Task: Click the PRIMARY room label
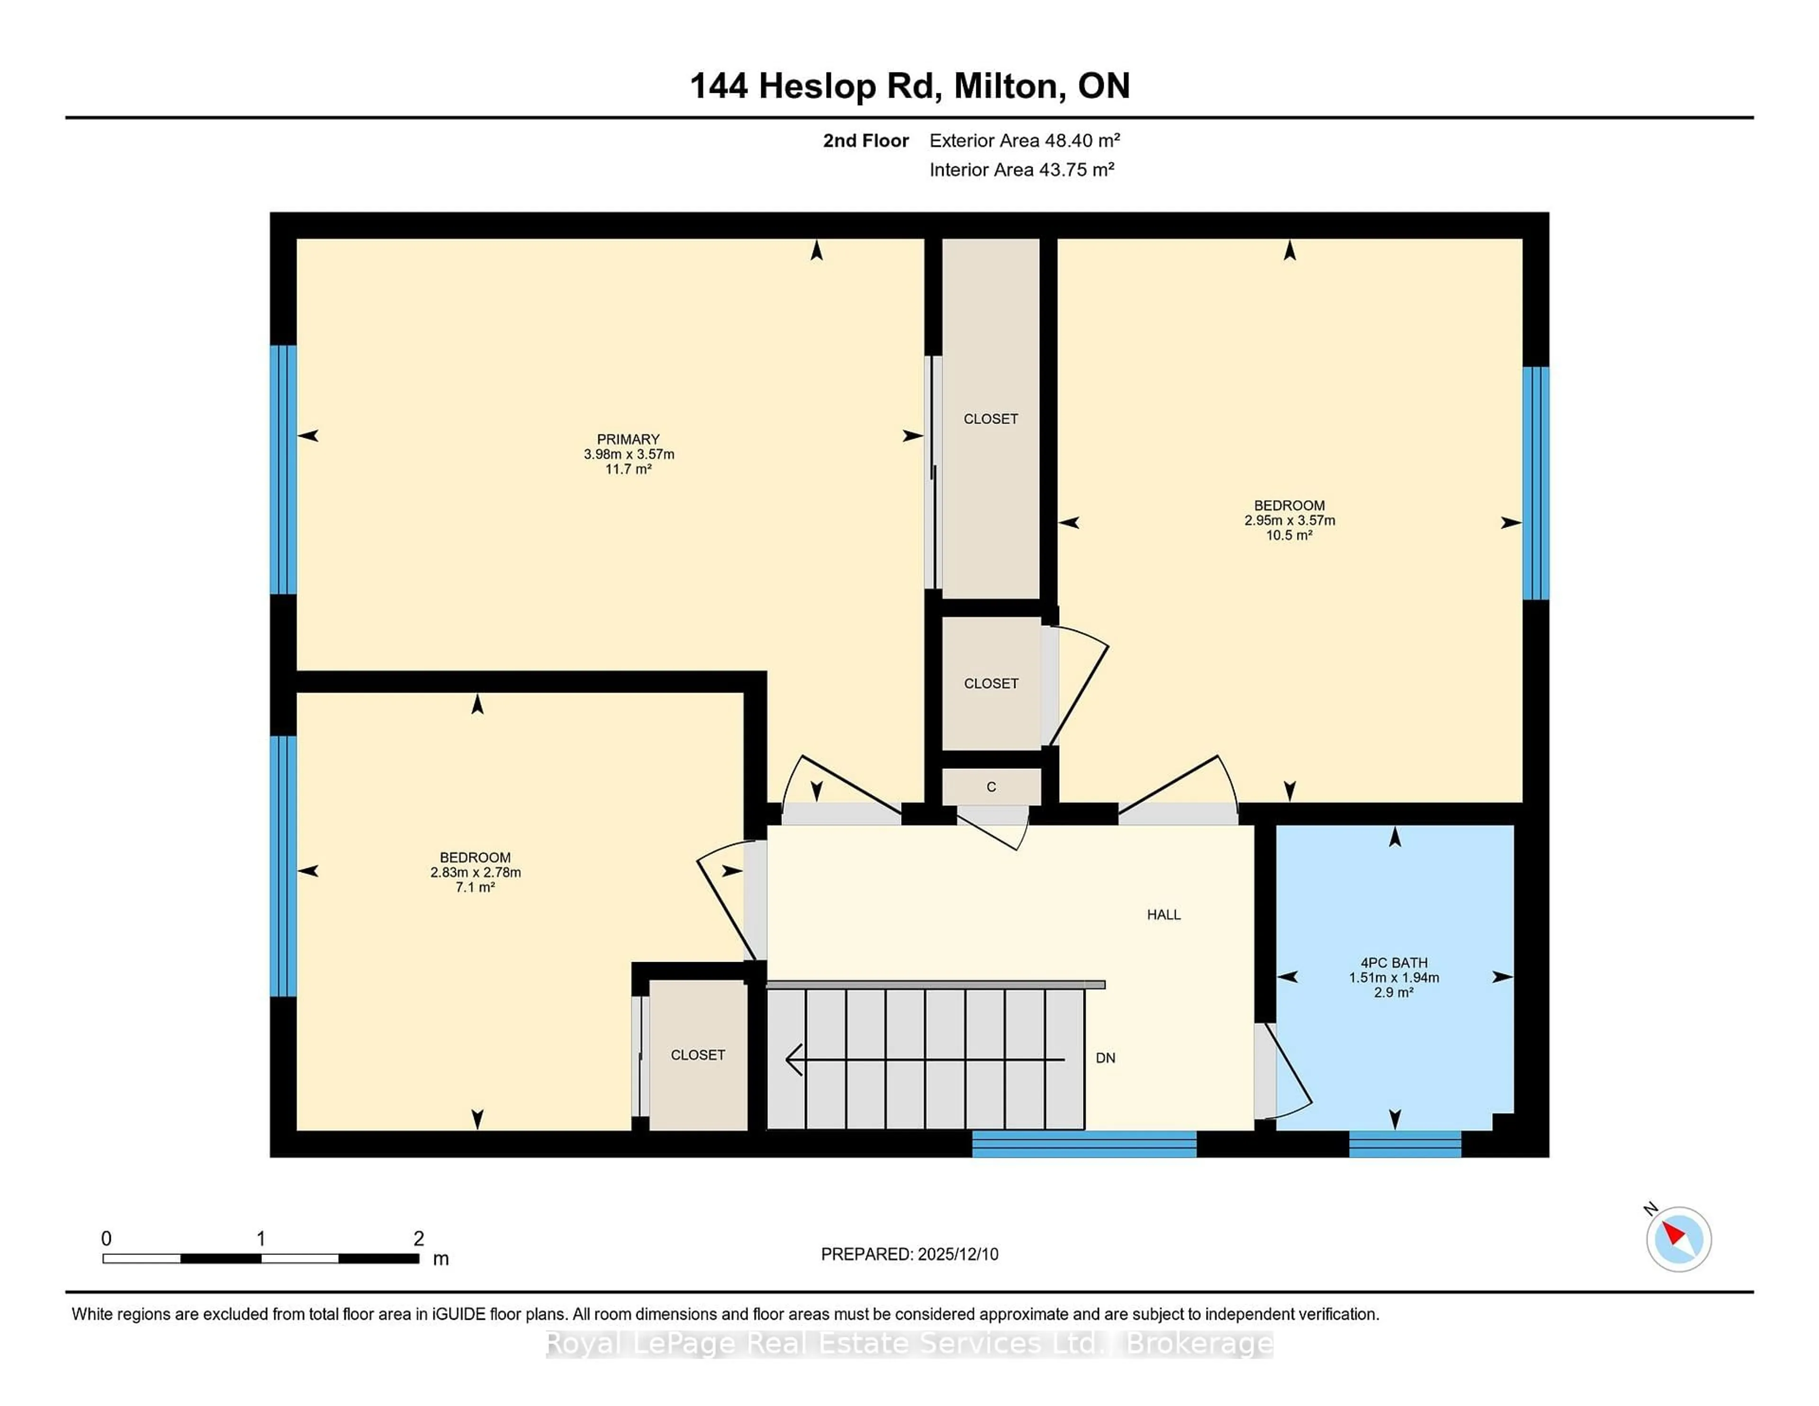pos(628,439)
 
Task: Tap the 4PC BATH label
pos(1394,963)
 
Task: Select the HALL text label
pos(1163,915)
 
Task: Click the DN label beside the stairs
pos(1105,1058)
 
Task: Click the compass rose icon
pos(1678,1239)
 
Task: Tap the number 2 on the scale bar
pos(419,1239)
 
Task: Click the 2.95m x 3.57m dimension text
pos(1289,521)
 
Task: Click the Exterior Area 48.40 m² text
pos(1025,141)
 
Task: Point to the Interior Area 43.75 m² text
pos(1022,170)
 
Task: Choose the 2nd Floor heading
pos(865,141)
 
